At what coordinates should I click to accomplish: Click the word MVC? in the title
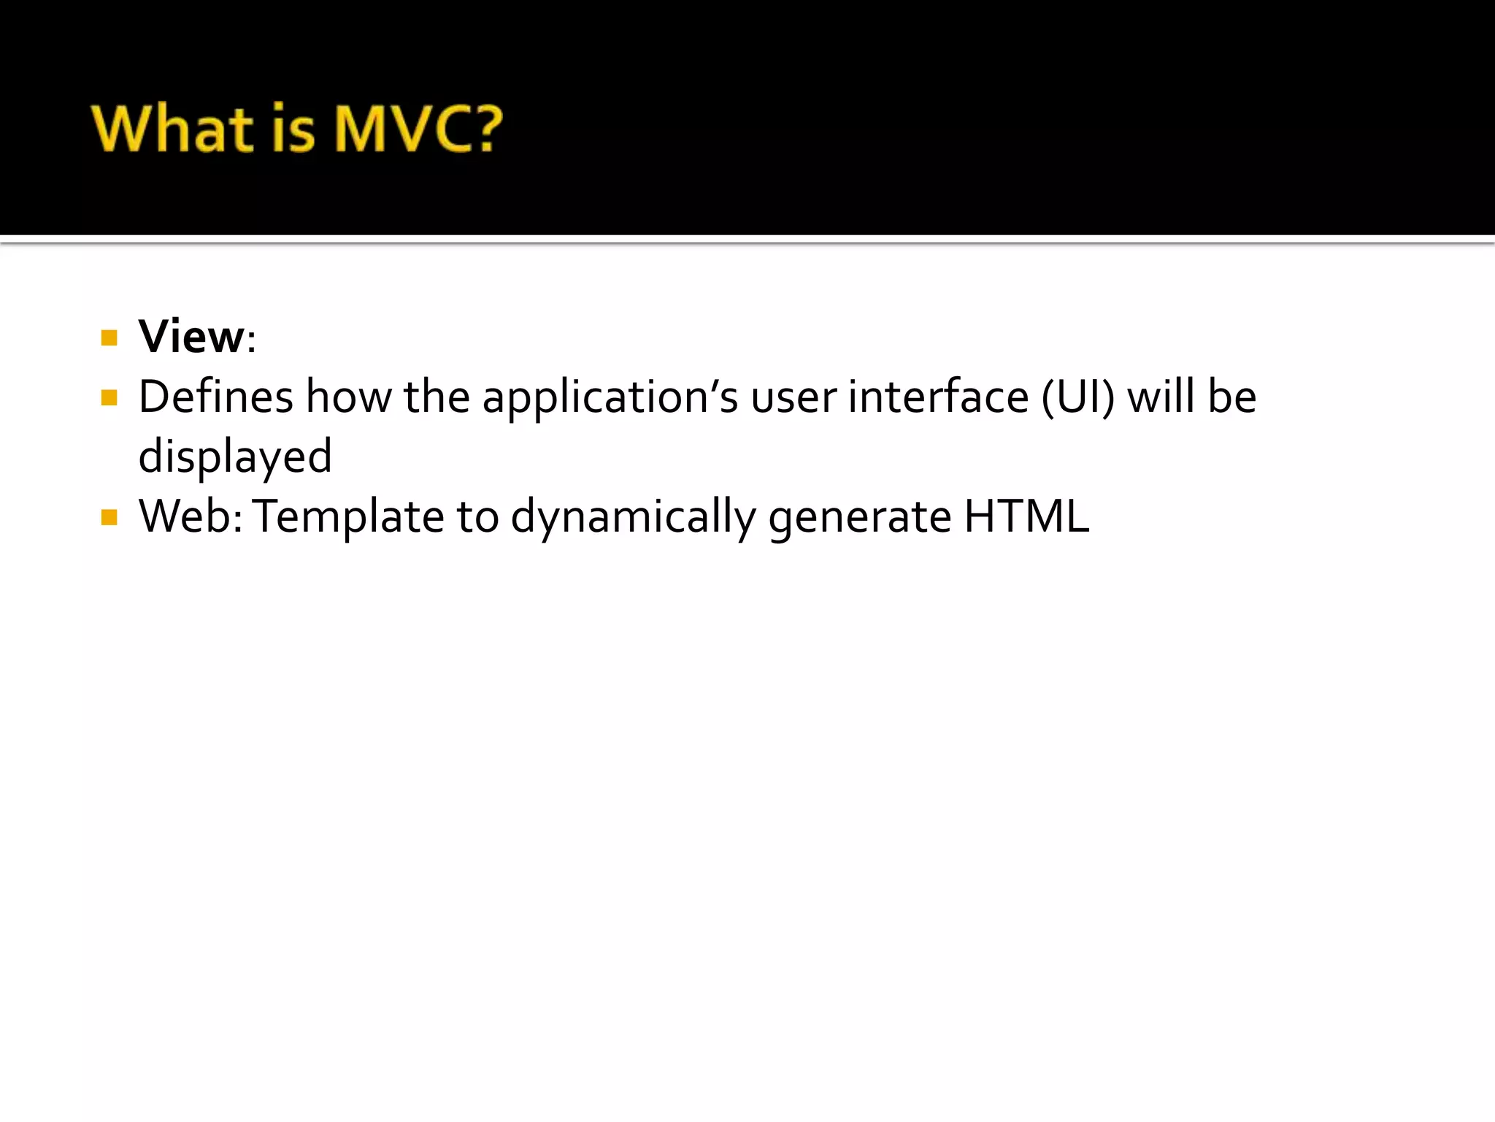click(418, 129)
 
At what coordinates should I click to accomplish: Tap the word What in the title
click(172, 129)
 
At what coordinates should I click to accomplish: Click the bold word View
click(191, 337)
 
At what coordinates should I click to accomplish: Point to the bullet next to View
click(109, 337)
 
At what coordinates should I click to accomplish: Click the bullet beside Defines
click(109, 397)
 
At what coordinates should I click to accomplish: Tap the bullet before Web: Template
click(109, 517)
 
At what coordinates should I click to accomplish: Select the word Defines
click(215, 397)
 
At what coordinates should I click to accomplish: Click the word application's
click(610, 399)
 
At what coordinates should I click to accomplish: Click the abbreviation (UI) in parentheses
click(1078, 397)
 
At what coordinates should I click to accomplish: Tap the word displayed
click(235, 457)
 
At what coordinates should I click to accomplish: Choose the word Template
click(348, 517)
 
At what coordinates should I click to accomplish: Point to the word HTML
click(1026, 517)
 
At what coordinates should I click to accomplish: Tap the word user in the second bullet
click(793, 399)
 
